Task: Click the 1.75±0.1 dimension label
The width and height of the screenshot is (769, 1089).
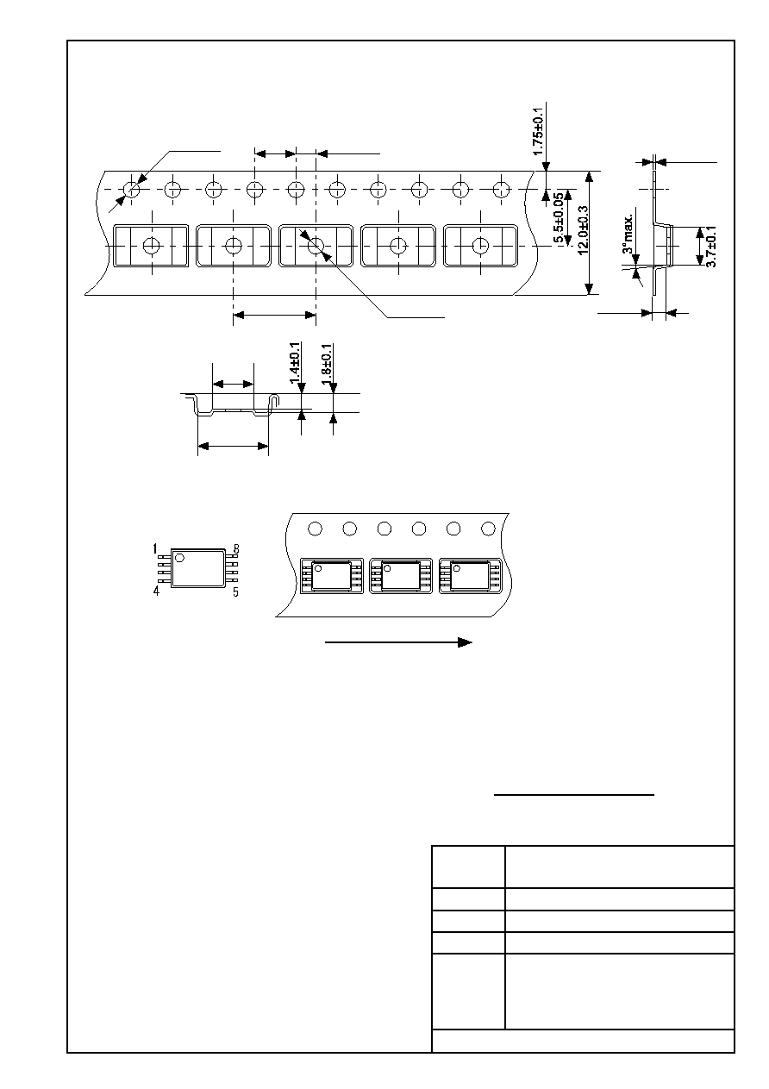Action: [538, 131]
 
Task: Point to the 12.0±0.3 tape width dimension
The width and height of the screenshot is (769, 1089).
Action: [584, 229]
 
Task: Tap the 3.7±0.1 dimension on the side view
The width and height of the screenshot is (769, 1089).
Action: [711, 246]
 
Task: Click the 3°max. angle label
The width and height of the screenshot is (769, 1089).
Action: [628, 234]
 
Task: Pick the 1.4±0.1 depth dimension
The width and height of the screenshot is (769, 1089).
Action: [295, 363]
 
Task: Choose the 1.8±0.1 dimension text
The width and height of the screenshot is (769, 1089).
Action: [327, 364]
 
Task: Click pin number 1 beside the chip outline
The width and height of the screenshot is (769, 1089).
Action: [155, 549]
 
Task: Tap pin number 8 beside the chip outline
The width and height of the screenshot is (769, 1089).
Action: [236, 549]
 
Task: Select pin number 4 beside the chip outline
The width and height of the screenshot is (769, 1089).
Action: [156, 591]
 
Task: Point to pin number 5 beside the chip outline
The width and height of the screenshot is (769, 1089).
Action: [235, 591]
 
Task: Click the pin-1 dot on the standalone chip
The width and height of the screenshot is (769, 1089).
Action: [179, 558]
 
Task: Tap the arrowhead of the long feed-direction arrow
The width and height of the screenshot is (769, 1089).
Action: [465, 642]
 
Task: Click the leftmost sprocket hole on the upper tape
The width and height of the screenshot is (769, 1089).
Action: [131, 189]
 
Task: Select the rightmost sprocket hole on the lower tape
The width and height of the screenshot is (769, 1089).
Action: [488, 529]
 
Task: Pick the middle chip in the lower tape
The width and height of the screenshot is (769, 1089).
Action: [401, 576]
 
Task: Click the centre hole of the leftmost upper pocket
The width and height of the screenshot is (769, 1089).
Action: [152, 246]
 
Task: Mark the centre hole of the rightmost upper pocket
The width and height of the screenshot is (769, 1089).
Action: [481, 246]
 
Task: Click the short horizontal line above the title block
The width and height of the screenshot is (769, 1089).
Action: [574, 795]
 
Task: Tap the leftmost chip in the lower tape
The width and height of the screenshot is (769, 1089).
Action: [332, 576]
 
